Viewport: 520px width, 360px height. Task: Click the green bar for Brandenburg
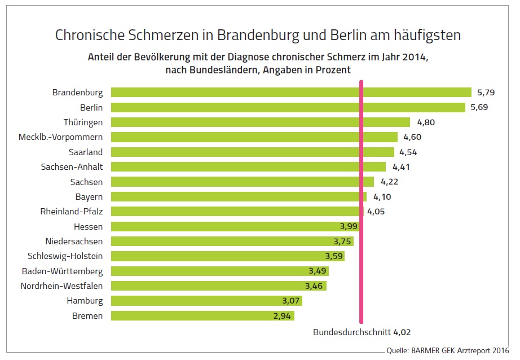point(290,92)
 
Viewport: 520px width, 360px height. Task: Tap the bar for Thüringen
point(260,122)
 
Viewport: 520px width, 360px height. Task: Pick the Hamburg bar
point(206,301)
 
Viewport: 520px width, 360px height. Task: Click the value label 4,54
point(408,152)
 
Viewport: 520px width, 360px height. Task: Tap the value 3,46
point(314,286)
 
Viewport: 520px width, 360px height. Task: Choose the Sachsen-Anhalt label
point(72,166)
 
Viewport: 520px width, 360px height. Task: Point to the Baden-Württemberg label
point(62,271)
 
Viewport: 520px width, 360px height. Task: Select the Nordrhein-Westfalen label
point(61,286)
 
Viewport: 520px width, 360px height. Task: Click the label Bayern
point(89,196)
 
